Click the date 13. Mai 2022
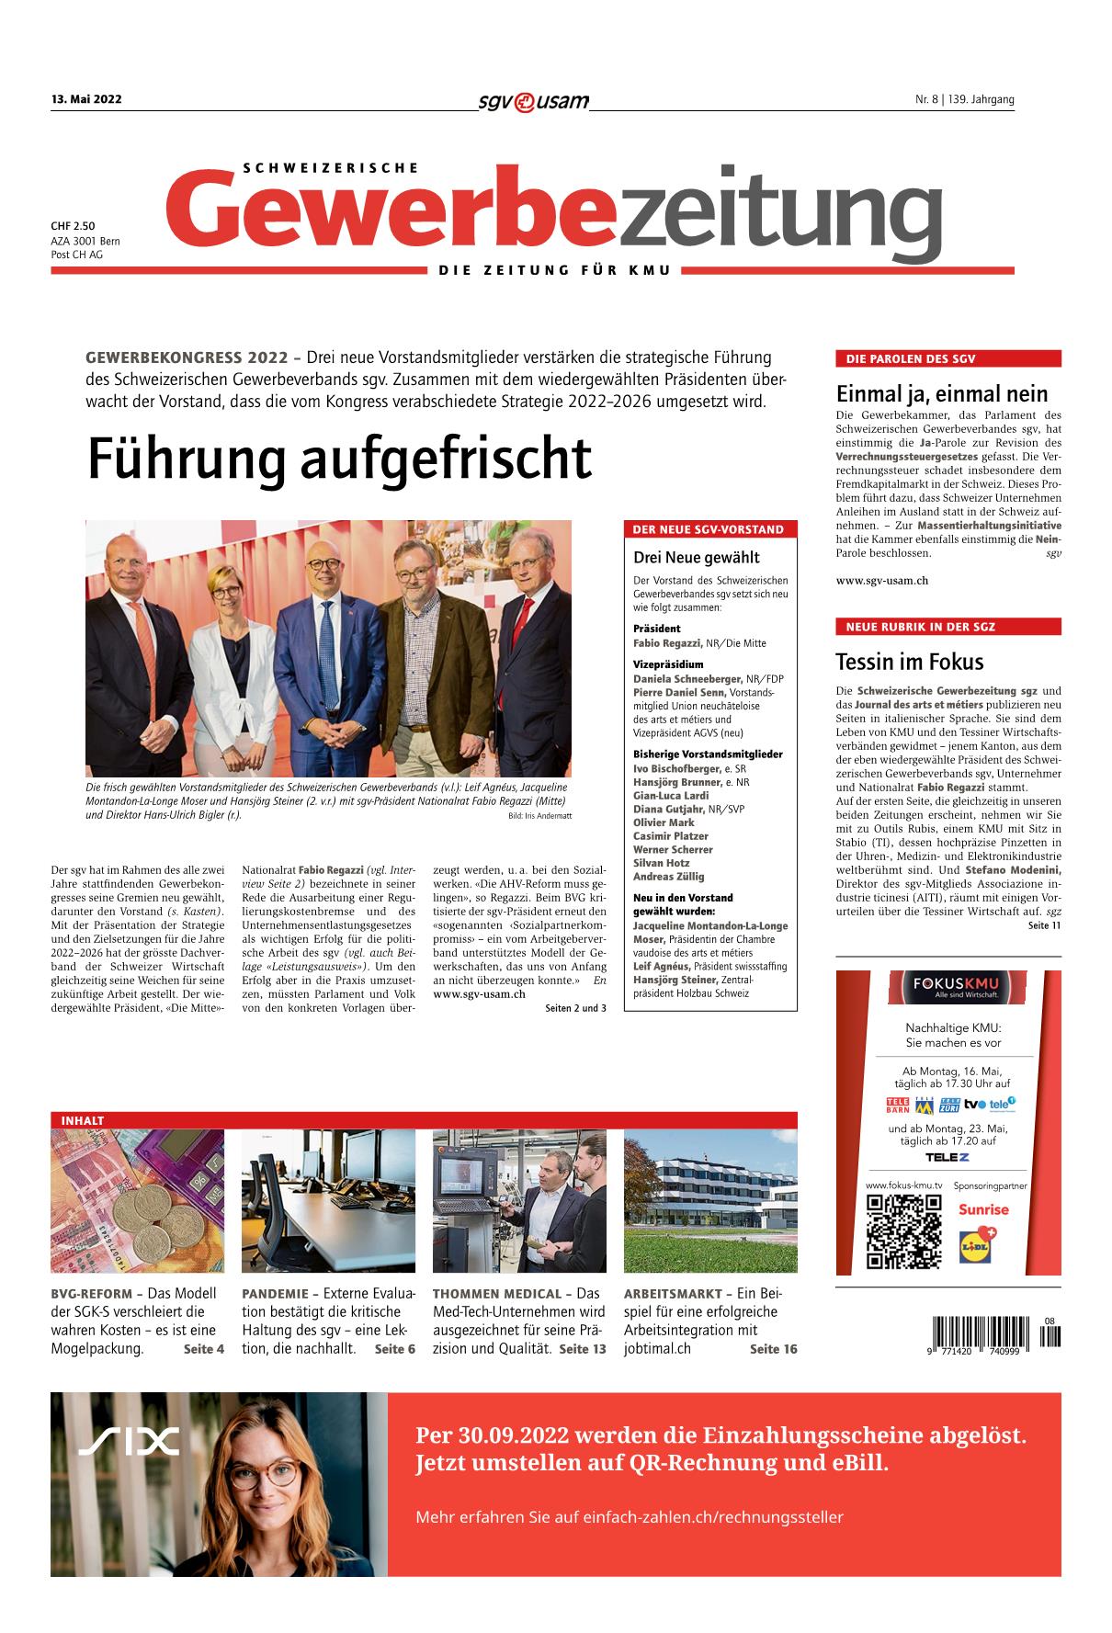(x=86, y=100)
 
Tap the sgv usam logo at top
(x=533, y=101)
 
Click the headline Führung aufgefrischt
(x=339, y=459)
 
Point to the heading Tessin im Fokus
(x=909, y=662)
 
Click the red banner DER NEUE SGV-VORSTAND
(x=709, y=529)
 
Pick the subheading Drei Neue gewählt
(x=696, y=557)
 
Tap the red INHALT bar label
(x=82, y=1120)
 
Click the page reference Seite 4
(x=203, y=1349)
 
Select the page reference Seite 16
(x=773, y=1349)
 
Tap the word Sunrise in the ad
(x=983, y=1209)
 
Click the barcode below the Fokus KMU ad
(x=982, y=1332)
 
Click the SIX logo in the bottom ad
(x=128, y=1442)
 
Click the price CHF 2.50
(x=74, y=225)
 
